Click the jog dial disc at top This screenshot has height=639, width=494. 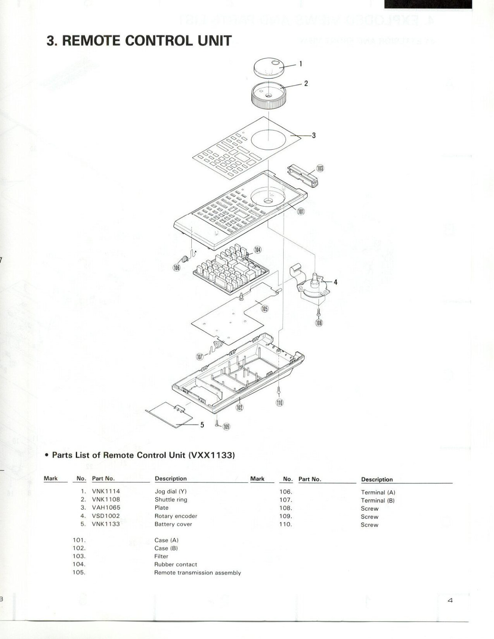coord(269,68)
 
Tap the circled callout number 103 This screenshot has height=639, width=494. coord(320,169)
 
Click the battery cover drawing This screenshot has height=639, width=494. coord(170,415)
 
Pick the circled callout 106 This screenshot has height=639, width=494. coord(176,267)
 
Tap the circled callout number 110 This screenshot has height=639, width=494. coord(279,403)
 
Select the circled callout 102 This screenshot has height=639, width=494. coord(239,407)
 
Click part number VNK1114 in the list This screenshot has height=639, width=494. coord(106,491)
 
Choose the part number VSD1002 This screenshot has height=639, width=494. coord(106,516)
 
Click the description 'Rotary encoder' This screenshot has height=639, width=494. coord(176,516)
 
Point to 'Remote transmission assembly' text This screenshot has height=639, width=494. coord(197,572)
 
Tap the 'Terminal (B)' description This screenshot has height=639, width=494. coord(377,501)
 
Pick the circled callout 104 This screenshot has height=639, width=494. coord(257,250)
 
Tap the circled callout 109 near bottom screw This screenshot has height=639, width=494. coord(226,427)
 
